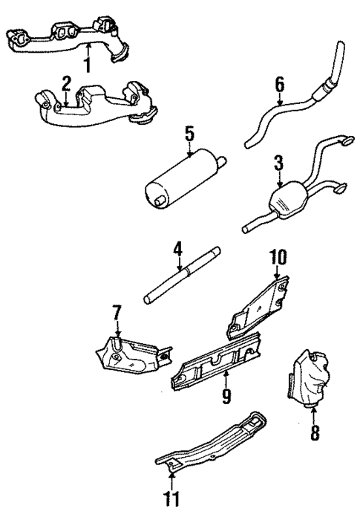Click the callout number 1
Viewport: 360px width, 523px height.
[x=88, y=65]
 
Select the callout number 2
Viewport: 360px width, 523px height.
[x=66, y=83]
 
